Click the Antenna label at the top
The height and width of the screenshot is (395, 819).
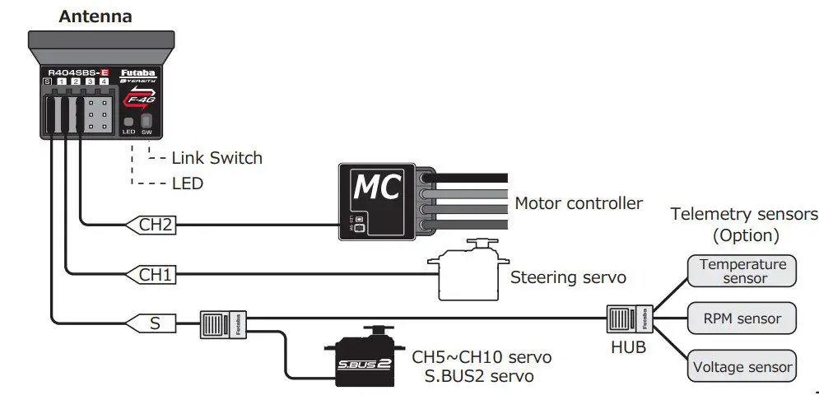95,16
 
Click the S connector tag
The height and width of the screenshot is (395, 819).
154,323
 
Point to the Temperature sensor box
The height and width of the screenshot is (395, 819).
743,271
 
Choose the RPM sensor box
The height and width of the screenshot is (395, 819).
743,318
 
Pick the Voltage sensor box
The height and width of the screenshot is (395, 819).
743,366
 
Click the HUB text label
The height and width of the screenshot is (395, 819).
629,347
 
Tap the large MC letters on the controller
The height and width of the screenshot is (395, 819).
376,188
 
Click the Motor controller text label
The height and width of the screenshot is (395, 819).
578,202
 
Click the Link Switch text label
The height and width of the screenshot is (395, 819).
216,157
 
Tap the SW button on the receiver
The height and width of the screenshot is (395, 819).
147,121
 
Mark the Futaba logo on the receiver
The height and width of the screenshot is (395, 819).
137,72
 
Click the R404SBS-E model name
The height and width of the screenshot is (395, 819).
79,72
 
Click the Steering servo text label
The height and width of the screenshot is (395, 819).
568,277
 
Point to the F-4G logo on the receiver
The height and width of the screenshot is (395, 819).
137,100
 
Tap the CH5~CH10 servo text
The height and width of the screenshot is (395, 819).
482,358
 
